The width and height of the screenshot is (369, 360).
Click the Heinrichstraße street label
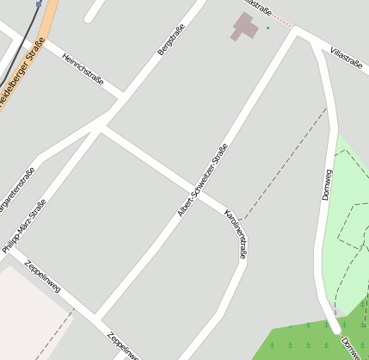(x=83, y=69)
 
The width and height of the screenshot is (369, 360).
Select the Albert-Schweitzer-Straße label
(x=203, y=179)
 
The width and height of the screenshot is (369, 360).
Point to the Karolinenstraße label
(x=236, y=233)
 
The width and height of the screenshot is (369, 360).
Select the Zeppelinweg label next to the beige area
(x=42, y=276)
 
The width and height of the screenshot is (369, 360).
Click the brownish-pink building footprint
(x=245, y=27)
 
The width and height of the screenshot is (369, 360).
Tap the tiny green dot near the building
(x=268, y=28)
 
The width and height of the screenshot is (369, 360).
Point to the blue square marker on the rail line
(x=40, y=3)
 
